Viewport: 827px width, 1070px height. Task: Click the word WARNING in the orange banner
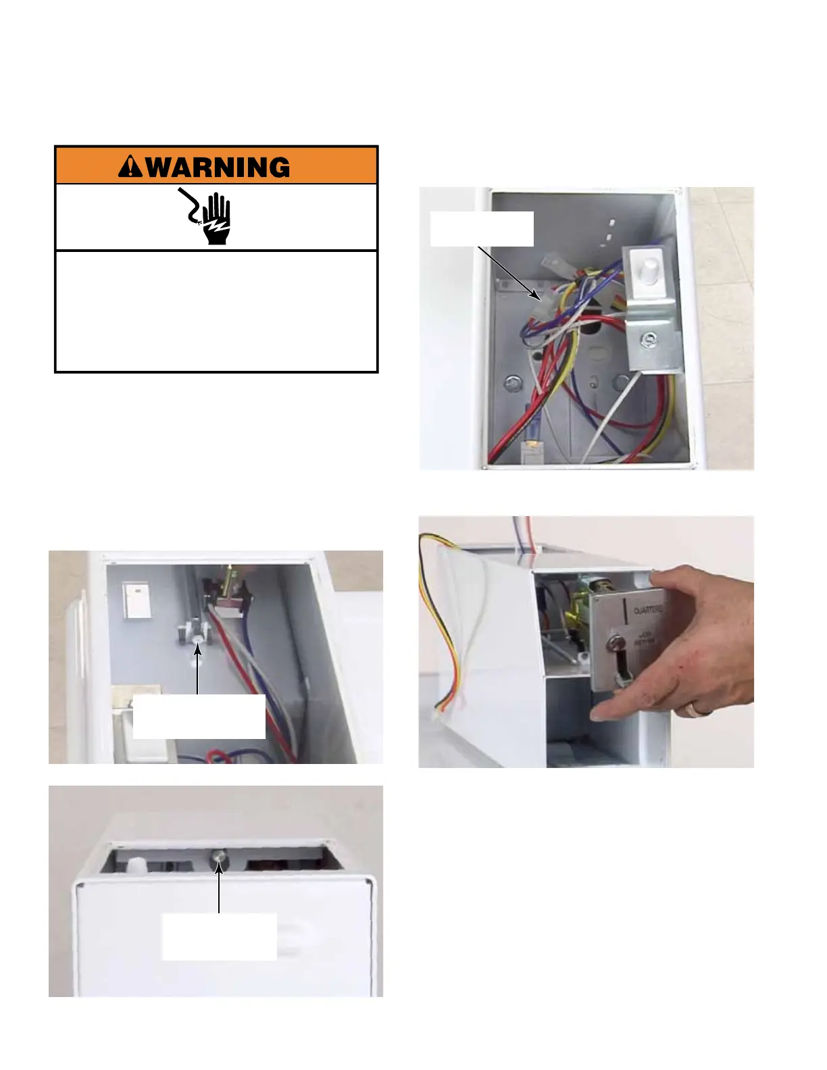click(x=218, y=167)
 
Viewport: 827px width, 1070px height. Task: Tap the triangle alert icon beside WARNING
click(x=130, y=167)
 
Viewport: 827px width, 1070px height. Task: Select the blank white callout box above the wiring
click(x=482, y=229)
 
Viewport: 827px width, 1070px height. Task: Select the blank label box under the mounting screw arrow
click(x=199, y=716)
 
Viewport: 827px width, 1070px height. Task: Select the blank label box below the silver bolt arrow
click(x=218, y=936)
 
